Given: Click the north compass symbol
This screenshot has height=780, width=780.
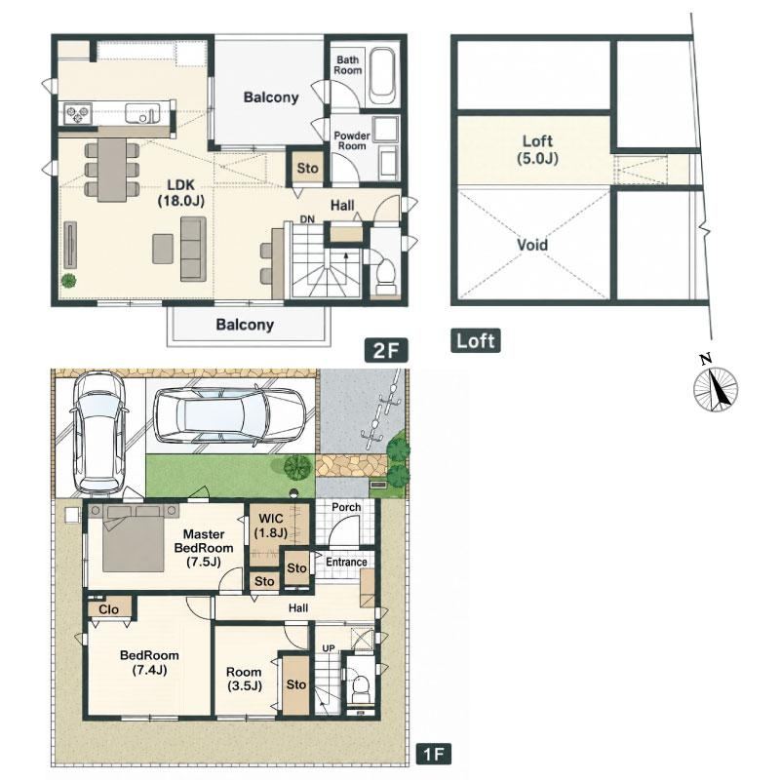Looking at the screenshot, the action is click(716, 388).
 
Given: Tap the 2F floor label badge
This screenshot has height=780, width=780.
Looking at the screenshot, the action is click(386, 350).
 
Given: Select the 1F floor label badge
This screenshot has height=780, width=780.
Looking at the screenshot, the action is click(433, 768).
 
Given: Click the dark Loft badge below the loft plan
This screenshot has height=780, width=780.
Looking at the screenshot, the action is click(476, 340).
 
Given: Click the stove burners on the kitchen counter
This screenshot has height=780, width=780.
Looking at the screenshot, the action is click(77, 114).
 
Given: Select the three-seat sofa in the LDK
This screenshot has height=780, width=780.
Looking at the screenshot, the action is click(193, 249).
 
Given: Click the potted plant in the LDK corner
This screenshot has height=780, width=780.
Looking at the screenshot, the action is click(68, 281).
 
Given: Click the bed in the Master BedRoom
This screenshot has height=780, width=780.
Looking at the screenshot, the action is click(133, 538).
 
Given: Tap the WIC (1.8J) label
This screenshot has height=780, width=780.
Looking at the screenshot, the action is click(271, 526).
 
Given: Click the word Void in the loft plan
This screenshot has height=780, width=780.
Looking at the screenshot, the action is click(532, 245).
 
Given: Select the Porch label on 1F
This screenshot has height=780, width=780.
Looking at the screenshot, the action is click(346, 507).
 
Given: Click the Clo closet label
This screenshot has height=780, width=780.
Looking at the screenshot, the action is click(108, 609).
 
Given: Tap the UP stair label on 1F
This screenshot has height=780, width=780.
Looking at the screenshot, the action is click(329, 648).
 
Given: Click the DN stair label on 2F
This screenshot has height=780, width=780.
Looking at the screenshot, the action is click(307, 218).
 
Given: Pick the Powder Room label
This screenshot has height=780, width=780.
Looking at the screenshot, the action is click(352, 140).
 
